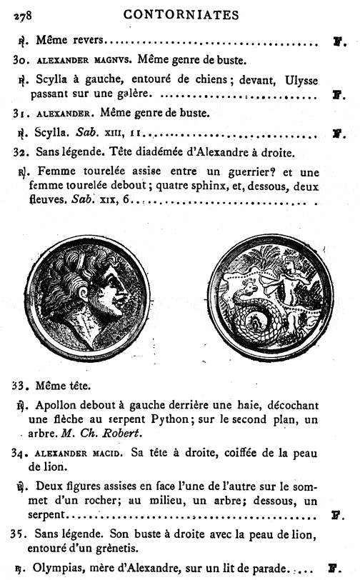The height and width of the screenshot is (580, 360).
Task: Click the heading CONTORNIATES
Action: coord(181,14)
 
